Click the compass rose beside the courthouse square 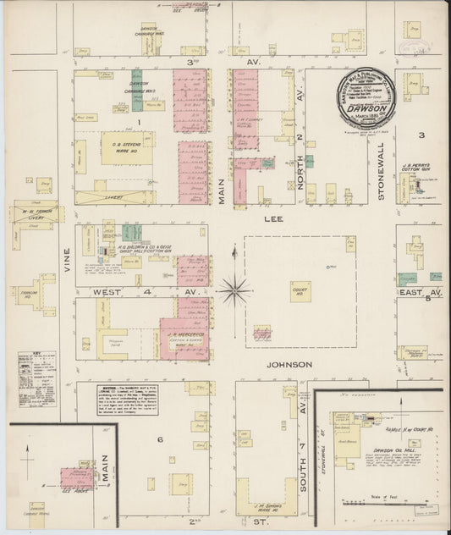click(233, 290)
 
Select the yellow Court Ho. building click(300, 291)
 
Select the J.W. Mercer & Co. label click(184, 334)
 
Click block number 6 click(159, 439)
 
